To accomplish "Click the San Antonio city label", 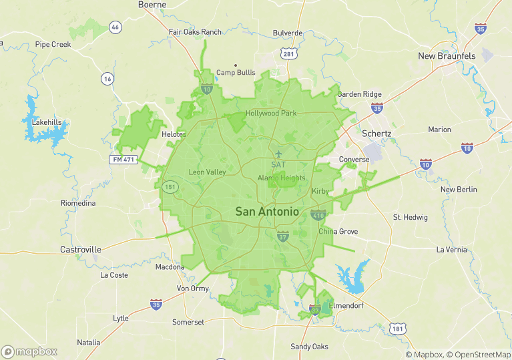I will pyautogui.click(x=267, y=212).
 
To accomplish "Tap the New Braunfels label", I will pyautogui.click(x=447, y=56).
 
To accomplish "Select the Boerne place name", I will pyautogui.click(x=152, y=5).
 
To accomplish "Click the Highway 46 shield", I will pyautogui.click(x=116, y=27).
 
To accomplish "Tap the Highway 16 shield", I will pyautogui.click(x=107, y=78).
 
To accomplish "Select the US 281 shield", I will pyautogui.click(x=288, y=53).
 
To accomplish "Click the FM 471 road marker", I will pyautogui.click(x=123, y=160).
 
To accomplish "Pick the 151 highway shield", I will pyautogui.click(x=169, y=186).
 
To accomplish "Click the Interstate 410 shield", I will pyautogui.click(x=318, y=215).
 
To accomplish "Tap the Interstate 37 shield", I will pyautogui.click(x=283, y=236).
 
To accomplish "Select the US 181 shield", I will pyautogui.click(x=398, y=329).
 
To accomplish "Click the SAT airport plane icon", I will pyautogui.click(x=278, y=154).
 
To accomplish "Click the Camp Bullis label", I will pyautogui.click(x=236, y=73).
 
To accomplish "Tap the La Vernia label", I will pyautogui.click(x=452, y=250).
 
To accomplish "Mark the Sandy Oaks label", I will pyautogui.click(x=309, y=347).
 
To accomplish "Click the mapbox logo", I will pyautogui.click(x=29, y=351).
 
